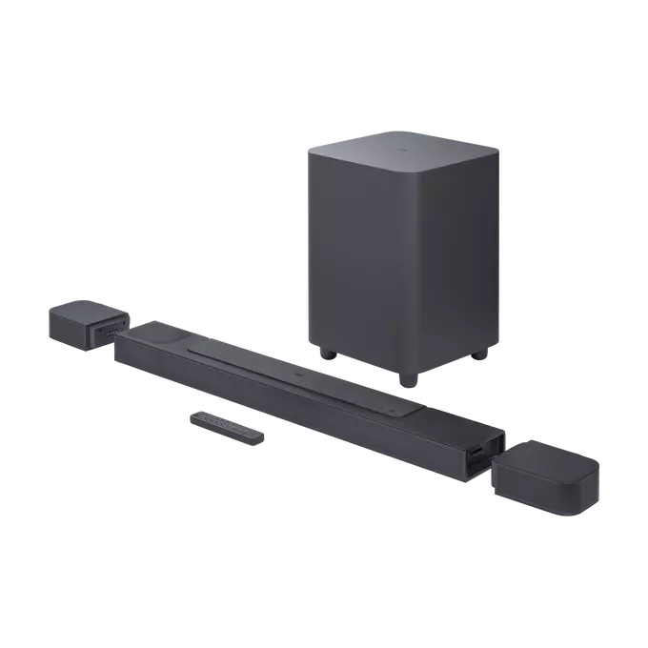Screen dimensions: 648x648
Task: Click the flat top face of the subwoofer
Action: (401, 152)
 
